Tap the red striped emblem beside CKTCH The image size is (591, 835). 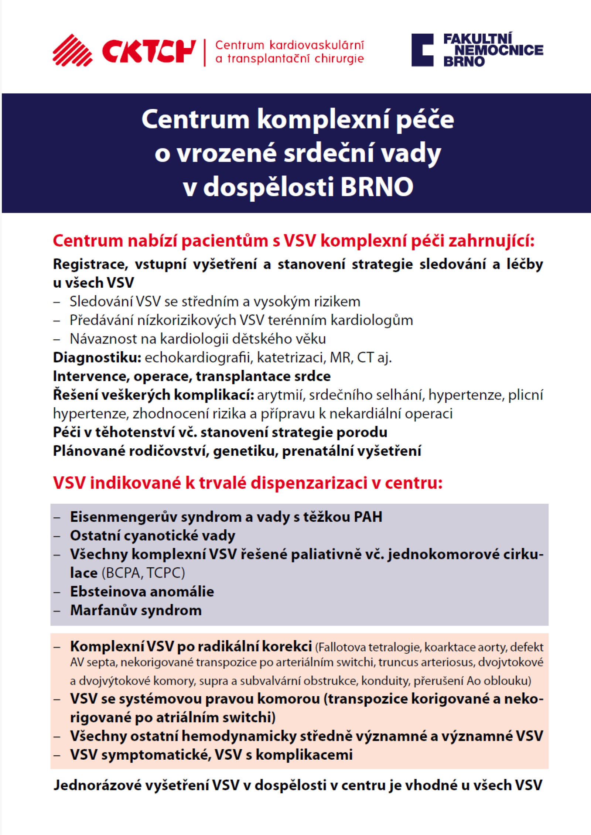point(72,50)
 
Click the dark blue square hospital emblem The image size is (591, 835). point(422,50)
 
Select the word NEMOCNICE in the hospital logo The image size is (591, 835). point(499,50)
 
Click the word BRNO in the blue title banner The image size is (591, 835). point(376,187)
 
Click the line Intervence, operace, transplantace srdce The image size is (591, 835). point(192,376)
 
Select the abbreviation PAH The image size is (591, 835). point(368,517)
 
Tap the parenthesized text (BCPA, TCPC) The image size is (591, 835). point(143,573)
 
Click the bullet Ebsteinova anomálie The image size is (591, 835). point(142,592)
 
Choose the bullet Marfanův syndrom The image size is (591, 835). point(136,610)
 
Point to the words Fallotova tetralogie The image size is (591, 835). point(369,647)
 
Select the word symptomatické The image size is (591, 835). point(156,754)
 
